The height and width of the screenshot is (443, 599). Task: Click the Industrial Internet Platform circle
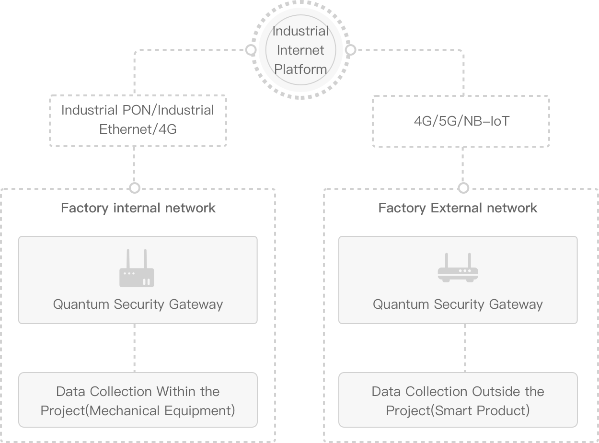[300, 50]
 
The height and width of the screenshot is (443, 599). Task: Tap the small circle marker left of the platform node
[250, 50]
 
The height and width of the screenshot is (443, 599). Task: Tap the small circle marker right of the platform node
[351, 50]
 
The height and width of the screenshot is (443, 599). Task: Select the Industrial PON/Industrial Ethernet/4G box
[138, 120]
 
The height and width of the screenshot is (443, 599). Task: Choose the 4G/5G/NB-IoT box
[461, 121]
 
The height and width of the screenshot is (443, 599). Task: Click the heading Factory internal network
[138, 208]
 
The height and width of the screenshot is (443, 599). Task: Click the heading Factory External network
[458, 208]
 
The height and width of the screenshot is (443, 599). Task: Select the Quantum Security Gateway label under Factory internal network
[138, 304]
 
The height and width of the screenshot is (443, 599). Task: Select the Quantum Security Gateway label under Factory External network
[458, 304]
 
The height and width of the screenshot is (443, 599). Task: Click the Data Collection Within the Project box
[138, 401]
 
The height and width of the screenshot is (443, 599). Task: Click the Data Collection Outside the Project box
[458, 401]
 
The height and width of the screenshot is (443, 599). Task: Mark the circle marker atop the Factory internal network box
[135, 187]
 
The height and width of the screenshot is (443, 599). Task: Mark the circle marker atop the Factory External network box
[463, 187]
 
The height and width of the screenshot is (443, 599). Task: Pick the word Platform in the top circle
[300, 69]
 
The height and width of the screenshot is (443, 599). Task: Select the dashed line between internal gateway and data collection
[134, 348]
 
